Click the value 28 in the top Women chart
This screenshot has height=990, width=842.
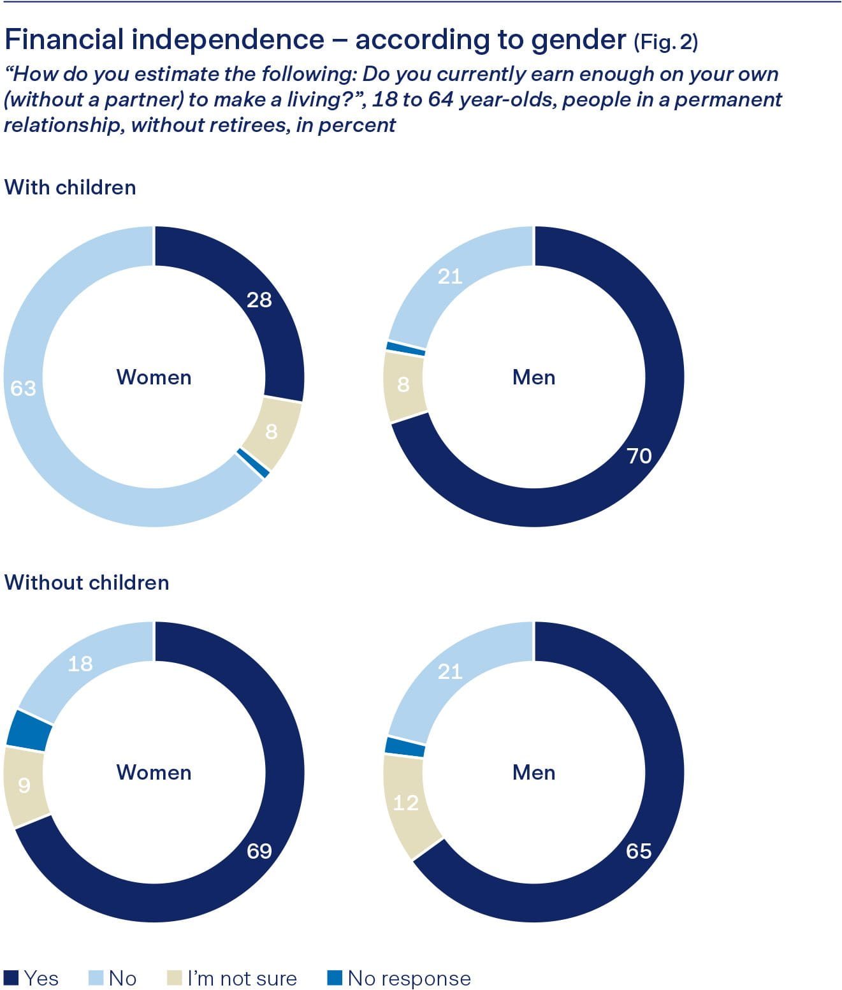pos(259,300)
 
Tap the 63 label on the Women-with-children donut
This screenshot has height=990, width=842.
pos(24,388)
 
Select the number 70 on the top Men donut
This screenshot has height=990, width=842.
pos(639,456)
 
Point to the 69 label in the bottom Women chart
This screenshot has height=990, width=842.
pos(259,851)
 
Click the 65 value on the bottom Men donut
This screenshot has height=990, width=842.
pos(639,851)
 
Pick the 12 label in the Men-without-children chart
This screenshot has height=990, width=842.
pos(405,803)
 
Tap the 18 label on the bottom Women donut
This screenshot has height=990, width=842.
pos(80,664)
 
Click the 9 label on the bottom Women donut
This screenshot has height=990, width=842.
pos(24,785)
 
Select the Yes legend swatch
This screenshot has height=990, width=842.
pos(11,977)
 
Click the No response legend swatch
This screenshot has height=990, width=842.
pos(335,977)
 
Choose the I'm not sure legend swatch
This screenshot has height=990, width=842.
pos(174,977)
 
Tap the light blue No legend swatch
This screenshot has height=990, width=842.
pos(96,977)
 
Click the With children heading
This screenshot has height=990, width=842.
pos(70,187)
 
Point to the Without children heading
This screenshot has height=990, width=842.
pos(87,583)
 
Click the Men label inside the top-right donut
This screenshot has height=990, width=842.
pos(534,377)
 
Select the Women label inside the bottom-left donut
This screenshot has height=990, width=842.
pos(154,773)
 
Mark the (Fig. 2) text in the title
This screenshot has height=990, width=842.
pos(666,42)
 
